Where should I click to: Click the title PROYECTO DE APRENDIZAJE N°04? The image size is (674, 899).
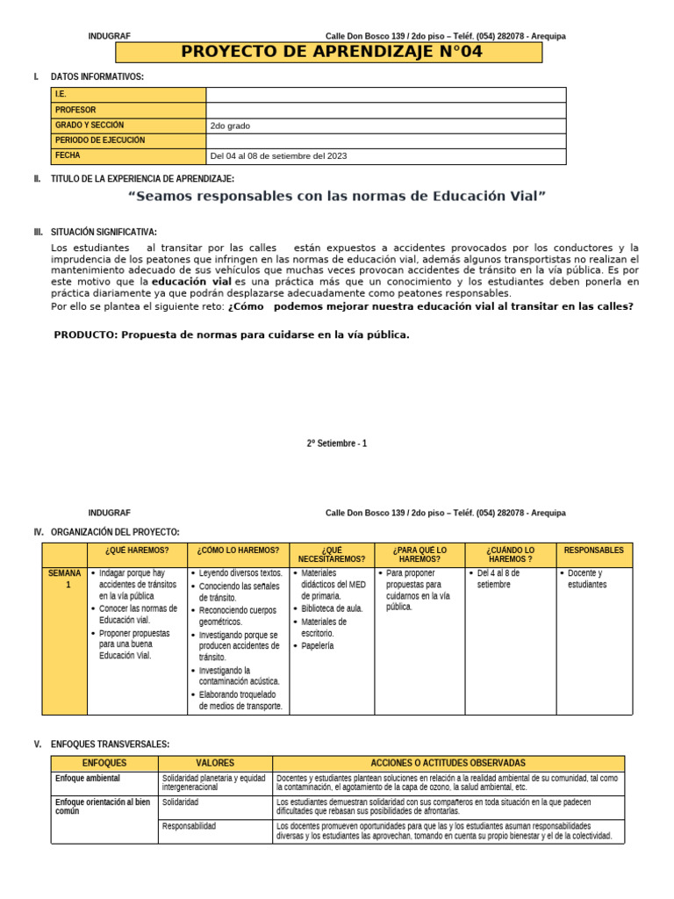pos(331,52)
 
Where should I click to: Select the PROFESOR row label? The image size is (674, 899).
pos(75,110)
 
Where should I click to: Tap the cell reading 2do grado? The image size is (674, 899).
pos(230,126)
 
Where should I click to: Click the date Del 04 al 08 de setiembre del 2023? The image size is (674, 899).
pos(278,156)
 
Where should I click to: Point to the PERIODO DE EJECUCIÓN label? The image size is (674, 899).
pos(99,140)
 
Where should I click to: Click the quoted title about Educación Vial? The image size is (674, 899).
pos(337,196)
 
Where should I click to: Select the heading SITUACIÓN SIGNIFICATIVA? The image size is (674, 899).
pos(104,232)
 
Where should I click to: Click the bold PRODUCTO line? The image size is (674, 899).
pos(232,334)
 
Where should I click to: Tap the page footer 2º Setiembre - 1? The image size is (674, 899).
pos(337,443)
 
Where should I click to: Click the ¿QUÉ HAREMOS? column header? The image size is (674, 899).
pos(136,550)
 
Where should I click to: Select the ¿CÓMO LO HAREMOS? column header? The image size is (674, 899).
pos(238,550)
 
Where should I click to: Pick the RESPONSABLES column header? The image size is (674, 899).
pos(593,550)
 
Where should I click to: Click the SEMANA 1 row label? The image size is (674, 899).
pos(64,579)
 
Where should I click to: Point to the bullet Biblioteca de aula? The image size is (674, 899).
pos(332,608)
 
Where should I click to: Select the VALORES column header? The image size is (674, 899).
pos(215,763)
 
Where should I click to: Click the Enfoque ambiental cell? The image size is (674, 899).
pos(88,778)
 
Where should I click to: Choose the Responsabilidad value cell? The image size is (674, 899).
pos(189,826)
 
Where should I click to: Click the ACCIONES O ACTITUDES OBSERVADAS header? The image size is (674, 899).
pos(448,763)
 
